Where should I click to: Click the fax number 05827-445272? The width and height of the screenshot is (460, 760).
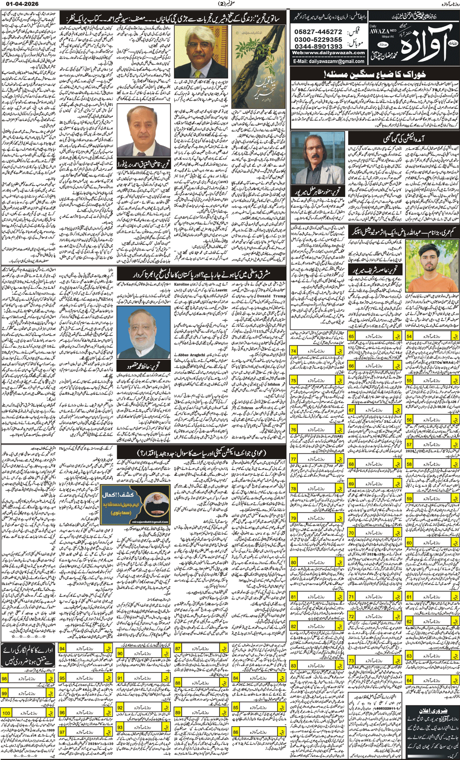(x=318, y=31)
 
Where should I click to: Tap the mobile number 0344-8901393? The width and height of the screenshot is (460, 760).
(x=318, y=46)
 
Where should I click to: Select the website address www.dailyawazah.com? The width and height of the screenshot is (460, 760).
(x=328, y=53)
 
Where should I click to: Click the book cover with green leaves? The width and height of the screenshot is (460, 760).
(x=256, y=67)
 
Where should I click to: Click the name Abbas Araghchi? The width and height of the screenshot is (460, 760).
(x=191, y=355)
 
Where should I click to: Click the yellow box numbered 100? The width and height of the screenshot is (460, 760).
(x=7, y=713)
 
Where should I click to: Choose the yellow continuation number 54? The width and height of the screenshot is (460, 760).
(x=409, y=336)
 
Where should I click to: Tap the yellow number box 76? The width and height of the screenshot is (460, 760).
(x=293, y=429)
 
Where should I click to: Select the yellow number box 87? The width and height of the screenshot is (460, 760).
(x=178, y=649)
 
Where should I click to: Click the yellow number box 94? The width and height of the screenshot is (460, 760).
(x=62, y=649)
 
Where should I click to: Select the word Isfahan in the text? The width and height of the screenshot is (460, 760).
(x=273, y=384)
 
